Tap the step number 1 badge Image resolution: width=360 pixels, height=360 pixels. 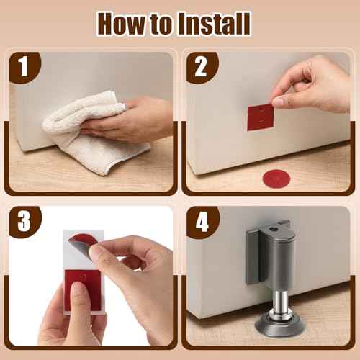[24, 67]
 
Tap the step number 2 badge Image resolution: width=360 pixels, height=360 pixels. [200, 67]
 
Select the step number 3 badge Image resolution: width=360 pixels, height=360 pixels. [24, 222]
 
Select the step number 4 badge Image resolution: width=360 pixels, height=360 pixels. [200, 222]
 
